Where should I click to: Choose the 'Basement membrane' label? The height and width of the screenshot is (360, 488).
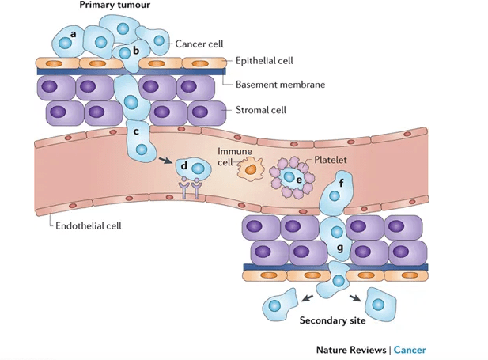[x=280, y=84]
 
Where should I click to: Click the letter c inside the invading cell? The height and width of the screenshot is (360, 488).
[x=137, y=131]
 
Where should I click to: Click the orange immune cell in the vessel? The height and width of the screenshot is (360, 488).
[x=252, y=167]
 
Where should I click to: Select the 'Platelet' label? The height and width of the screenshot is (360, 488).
[x=331, y=160]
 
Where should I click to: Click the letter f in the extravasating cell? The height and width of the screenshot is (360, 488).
[x=340, y=184]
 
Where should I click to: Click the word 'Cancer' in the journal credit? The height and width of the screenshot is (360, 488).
[x=410, y=350]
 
